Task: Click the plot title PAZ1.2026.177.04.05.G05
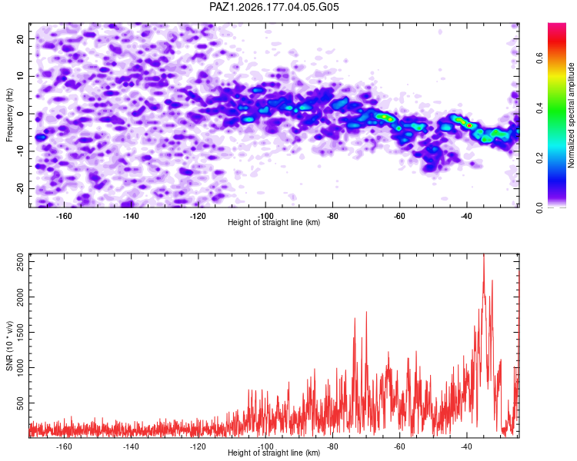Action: click(274, 7)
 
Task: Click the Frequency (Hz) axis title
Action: click(9, 115)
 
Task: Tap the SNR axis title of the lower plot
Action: click(9, 346)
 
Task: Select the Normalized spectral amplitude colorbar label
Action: click(571, 115)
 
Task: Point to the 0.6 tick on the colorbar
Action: click(540, 58)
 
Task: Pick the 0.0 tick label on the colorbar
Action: click(540, 208)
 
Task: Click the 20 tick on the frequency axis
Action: click(20, 38)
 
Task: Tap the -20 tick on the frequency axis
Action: click(20, 188)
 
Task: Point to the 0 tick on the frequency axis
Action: click(20, 114)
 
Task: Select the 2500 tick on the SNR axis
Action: click(20, 262)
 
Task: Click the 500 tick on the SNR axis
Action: click(20, 403)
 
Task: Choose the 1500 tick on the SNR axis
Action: click(20, 333)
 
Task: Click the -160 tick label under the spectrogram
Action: click(64, 216)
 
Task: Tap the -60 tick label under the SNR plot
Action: click(399, 446)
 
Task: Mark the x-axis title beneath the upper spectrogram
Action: click(274, 222)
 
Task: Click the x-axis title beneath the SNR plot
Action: click(274, 453)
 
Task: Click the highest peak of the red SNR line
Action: click(484, 255)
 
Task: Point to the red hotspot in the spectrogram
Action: click(469, 126)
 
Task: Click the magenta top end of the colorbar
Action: click(557, 25)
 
